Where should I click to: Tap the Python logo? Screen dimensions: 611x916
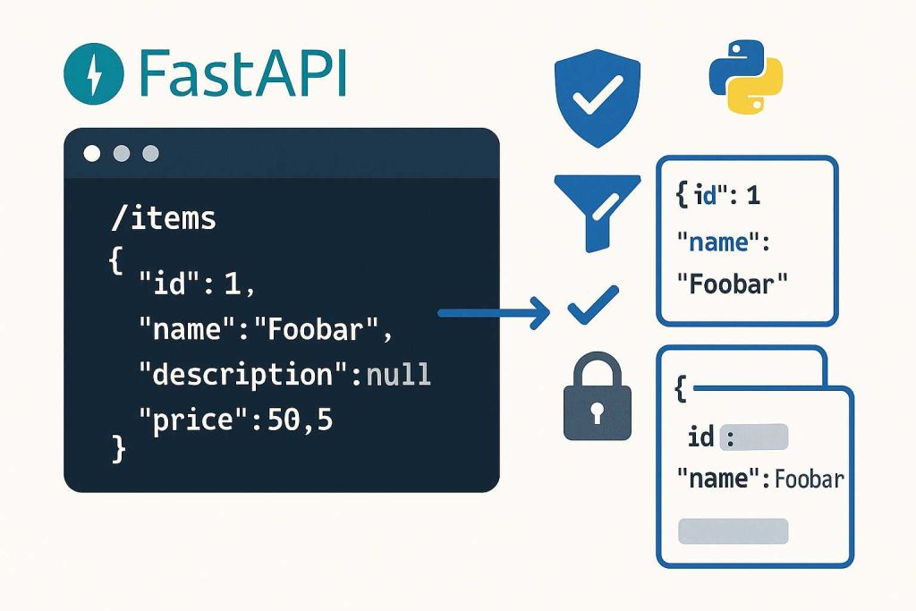click(x=745, y=84)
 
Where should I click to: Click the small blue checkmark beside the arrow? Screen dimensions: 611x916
click(x=592, y=305)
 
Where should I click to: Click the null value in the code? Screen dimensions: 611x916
click(x=399, y=374)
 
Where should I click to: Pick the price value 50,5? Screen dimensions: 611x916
click(x=300, y=419)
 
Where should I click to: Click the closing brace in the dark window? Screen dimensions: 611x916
click(x=118, y=448)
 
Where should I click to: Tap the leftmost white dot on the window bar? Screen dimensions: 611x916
click(x=92, y=153)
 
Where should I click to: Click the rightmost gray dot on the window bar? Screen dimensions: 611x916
click(x=150, y=153)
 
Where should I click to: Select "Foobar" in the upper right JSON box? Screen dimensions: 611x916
click(x=732, y=284)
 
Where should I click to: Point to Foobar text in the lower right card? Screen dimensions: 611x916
click(x=809, y=479)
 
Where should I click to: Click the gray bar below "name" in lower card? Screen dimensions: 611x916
click(x=733, y=530)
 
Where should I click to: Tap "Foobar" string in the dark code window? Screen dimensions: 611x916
click(x=318, y=330)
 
